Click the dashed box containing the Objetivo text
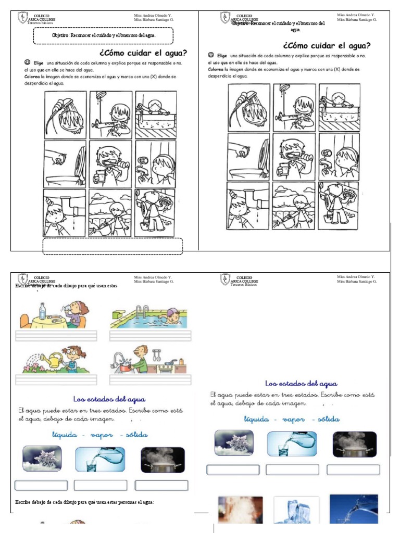pos(103,35)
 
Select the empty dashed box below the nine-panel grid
pos(112,246)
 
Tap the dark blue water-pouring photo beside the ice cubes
pos(354,509)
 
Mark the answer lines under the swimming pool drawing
pos(151,336)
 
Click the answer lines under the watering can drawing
pos(56,379)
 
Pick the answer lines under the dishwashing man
pos(151,379)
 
